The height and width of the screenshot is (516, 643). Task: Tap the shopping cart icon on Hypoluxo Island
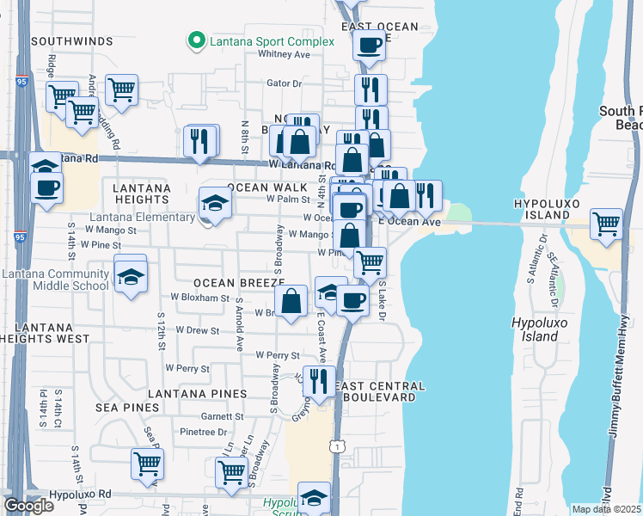(607, 223)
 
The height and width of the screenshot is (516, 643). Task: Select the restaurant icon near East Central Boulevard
(319, 380)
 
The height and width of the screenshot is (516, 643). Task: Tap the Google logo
(28, 506)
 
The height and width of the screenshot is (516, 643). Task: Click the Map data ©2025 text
(606, 509)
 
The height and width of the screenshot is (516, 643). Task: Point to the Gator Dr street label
(285, 84)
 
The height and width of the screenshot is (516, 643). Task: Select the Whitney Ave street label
(284, 54)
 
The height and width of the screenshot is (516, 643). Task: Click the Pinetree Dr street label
(204, 432)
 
